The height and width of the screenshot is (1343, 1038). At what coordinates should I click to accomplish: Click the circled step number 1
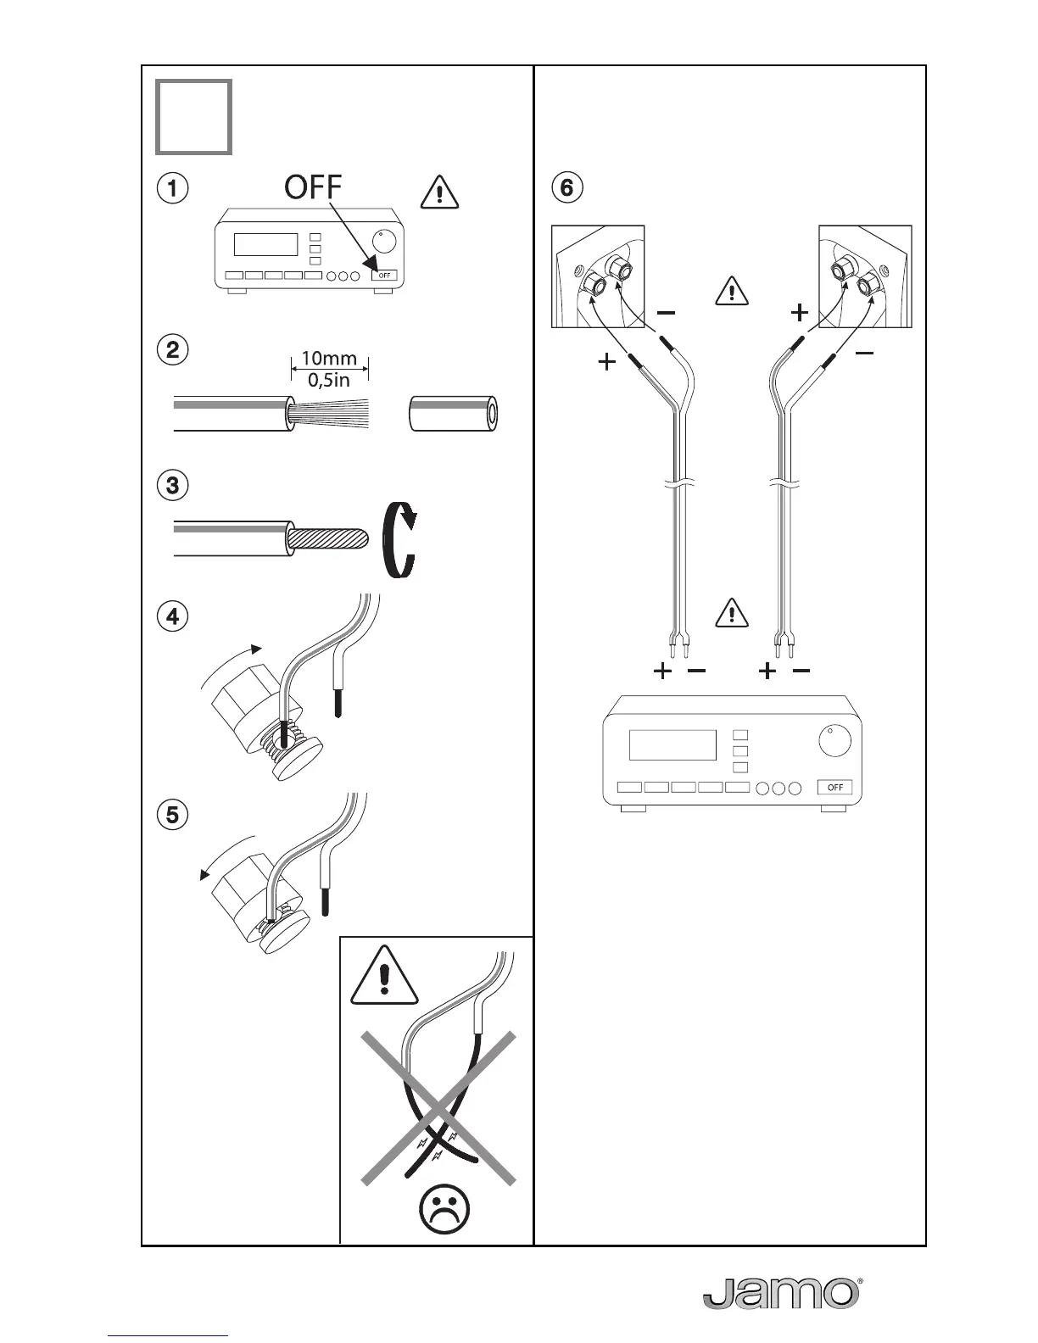173,188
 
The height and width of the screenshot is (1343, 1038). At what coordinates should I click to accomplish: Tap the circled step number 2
173,350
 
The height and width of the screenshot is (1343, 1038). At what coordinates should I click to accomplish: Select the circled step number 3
173,486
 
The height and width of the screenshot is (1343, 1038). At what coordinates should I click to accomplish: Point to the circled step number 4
173,616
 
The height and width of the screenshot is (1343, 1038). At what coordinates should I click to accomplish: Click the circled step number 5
173,815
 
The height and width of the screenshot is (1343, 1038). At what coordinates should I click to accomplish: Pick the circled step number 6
567,187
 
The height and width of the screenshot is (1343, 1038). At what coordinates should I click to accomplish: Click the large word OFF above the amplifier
313,187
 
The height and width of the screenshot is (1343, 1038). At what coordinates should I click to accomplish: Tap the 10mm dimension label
330,359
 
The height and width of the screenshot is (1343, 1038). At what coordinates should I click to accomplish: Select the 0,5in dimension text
330,380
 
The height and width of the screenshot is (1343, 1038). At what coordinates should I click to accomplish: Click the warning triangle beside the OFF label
438,193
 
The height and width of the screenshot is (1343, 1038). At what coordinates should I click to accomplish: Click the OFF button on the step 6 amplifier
834,788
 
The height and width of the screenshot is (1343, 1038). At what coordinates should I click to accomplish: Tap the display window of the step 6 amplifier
672,745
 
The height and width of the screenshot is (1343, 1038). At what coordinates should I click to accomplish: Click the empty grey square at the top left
193,117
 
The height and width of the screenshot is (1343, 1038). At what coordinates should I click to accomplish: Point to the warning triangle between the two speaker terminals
731,291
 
